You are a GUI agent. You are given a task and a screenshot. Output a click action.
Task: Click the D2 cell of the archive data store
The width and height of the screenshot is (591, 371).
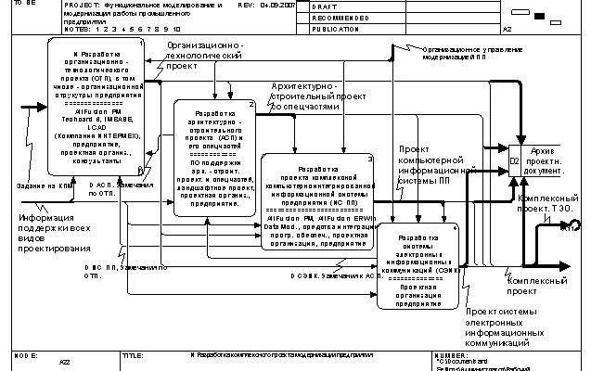[515, 162]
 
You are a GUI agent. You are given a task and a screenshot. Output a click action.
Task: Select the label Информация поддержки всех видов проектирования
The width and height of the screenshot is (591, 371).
[55, 230]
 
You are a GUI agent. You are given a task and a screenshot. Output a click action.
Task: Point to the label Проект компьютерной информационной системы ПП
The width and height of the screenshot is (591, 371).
[429, 164]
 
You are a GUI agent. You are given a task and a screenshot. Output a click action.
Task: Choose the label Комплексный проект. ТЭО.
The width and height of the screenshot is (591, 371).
[551, 205]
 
